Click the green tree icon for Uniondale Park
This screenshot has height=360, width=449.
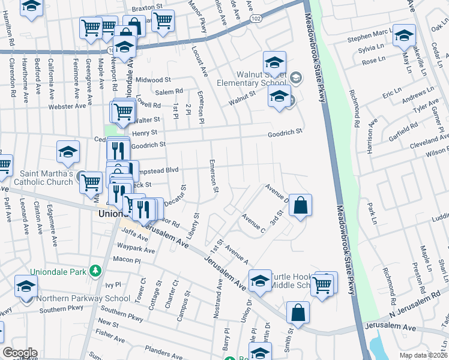coord(95,271)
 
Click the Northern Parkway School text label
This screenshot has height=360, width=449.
coord(83,298)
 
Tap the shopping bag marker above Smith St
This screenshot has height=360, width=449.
coord(298,312)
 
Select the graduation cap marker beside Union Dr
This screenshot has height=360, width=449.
coord(260,280)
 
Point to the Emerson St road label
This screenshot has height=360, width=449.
coord(213,176)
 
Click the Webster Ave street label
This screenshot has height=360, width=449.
coord(68,106)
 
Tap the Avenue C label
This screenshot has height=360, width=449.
coord(253,221)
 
